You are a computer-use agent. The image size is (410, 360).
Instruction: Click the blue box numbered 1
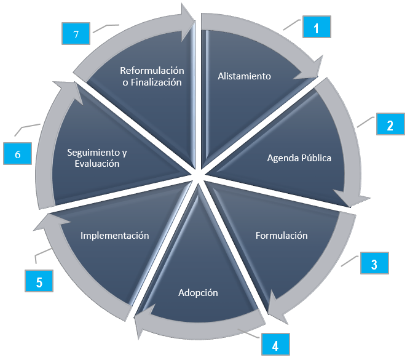tap(316, 28)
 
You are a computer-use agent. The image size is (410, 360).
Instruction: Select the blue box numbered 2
tap(390, 125)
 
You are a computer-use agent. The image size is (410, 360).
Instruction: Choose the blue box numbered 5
tap(39, 282)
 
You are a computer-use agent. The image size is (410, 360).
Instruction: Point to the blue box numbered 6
tap(18, 154)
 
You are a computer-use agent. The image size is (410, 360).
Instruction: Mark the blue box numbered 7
tap(76, 34)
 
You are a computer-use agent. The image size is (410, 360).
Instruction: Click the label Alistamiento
tap(244, 76)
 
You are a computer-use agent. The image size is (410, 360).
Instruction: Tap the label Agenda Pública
tap(299, 158)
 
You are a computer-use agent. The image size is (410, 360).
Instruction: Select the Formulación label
tap(282, 235)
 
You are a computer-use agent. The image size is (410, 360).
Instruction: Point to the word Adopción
tap(198, 292)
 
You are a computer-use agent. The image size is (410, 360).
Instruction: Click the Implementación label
tap(115, 235)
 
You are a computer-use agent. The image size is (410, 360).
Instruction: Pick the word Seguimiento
tap(92, 153)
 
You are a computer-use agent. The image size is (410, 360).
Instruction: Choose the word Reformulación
tap(152, 70)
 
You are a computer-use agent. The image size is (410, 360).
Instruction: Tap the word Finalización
tap(157, 82)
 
